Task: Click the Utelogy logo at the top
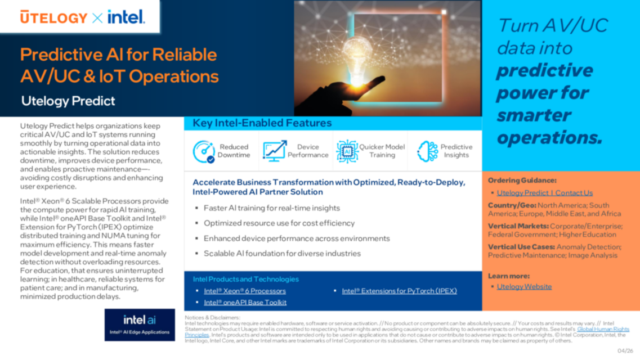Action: [x=53, y=17]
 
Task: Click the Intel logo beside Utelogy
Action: [x=126, y=17]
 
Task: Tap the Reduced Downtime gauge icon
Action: [x=204, y=151]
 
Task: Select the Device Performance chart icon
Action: [x=274, y=151]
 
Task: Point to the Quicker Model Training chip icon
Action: [x=347, y=151]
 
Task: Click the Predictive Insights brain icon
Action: [x=427, y=151]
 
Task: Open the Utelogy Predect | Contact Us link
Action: [x=544, y=193]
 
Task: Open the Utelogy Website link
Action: [x=524, y=286]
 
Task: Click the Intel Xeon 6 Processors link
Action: [x=244, y=291]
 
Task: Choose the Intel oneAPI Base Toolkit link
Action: [x=245, y=302]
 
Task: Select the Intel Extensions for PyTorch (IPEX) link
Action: [x=399, y=291]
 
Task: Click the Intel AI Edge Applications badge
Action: [x=140, y=325]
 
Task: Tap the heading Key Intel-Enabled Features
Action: [x=262, y=123]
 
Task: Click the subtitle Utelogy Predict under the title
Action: [x=68, y=101]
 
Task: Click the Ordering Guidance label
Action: [x=522, y=181]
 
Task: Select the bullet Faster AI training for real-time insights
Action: [x=271, y=208]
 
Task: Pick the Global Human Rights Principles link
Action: [x=603, y=329]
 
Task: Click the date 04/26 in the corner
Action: [x=625, y=350]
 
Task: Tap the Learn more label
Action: [x=508, y=276]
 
